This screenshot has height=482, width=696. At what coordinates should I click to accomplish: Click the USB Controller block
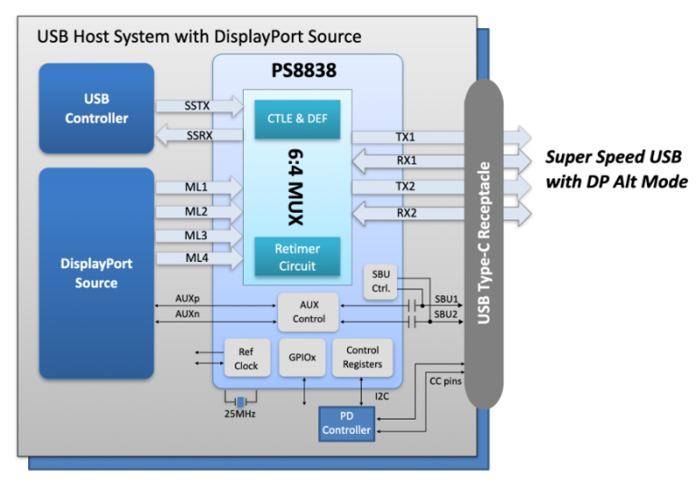96,108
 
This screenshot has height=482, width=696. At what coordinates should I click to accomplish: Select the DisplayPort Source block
96,273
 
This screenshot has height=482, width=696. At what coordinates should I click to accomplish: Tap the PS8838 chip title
307,70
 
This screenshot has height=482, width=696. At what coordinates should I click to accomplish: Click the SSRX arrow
200,135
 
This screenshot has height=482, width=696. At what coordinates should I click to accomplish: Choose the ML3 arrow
200,236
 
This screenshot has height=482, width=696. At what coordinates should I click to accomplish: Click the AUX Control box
309,313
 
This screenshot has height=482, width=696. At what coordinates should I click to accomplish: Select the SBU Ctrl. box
380,282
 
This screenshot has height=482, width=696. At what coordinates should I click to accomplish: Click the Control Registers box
362,358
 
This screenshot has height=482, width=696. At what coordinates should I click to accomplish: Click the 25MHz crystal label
240,415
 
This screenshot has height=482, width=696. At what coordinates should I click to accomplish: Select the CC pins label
445,381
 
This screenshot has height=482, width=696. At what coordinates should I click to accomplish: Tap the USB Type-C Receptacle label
483,244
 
